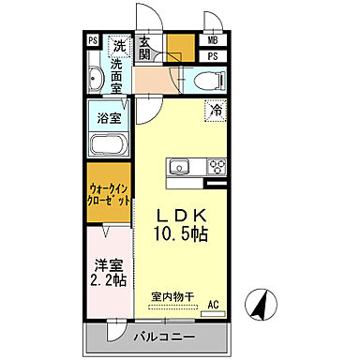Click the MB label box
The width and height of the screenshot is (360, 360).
tap(213, 40)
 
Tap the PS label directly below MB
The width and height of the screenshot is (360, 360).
tap(213, 57)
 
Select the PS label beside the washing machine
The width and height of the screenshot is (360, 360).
tap(93, 40)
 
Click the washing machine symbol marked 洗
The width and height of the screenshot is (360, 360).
tap(119, 45)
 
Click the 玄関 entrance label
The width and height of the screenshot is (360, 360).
tap(147, 49)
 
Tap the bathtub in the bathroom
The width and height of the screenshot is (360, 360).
tap(110, 146)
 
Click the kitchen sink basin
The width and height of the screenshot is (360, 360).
tap(181, 169)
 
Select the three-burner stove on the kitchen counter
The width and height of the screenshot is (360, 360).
tap(216, 169)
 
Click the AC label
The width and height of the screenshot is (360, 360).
tap(213, 304)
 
